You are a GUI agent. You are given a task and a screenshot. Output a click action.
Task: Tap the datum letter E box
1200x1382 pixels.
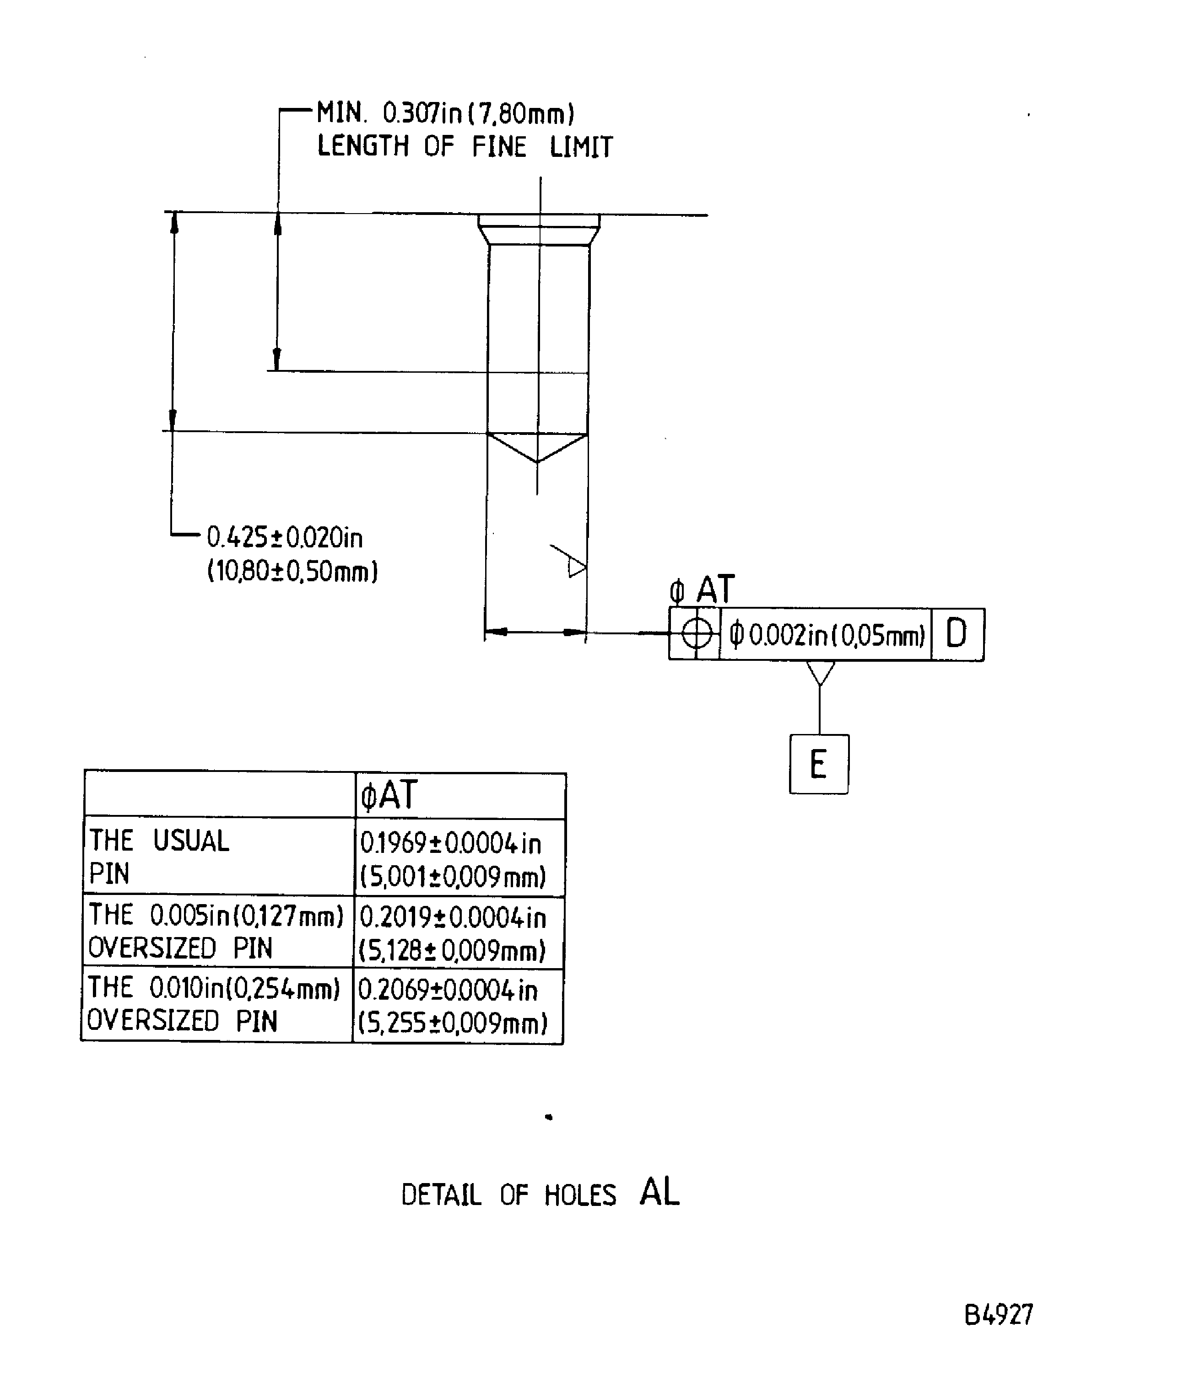pyautogui.click(x=819, y=764)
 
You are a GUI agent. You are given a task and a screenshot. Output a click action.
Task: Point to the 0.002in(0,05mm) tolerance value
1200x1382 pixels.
pyautogui.click(x=827, y=634)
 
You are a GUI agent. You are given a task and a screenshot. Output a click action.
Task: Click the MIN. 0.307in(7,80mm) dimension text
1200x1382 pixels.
pyautogui.click(x=445, y=113)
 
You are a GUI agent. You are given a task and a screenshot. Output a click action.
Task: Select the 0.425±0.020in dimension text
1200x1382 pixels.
pyautogui.click(x=285, y=537)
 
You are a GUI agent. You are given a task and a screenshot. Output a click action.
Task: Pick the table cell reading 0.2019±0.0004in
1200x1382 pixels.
pyautogui.click(x=453, y=917)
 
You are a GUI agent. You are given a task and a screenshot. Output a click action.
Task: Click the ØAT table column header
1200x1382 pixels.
pyautogui.click(x=389, y=795)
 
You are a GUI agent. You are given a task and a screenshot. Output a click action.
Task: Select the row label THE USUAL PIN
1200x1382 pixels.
pyautogui.click(x=159, y=857)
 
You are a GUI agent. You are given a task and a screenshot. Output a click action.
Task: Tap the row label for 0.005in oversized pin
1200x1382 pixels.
pyautogui.click(x=216, y=931)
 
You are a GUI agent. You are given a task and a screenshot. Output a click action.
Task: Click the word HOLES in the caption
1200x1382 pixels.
pyautogui.click(x=580, y=1195)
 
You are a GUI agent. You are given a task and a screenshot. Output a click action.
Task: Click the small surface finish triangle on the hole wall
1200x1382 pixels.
pyautogui.click(x=573, y=562)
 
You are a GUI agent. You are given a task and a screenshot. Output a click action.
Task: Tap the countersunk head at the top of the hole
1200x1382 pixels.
pyautogui.click(x=539, y=230)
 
